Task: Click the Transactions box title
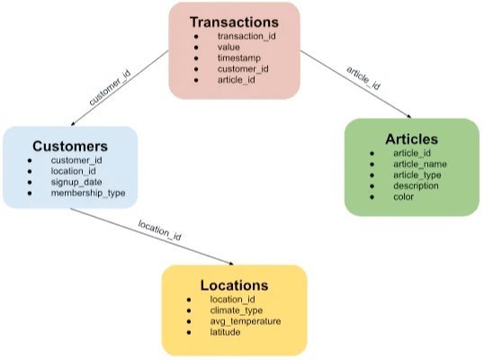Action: pos(235,21)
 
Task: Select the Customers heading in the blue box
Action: pos(70,145)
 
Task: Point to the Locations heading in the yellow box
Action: pos(234,285)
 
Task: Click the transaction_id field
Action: pos(246,36)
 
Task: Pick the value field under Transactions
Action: pos(229,47)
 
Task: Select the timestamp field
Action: pos(238,58)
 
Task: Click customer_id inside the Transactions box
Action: pos(242,68)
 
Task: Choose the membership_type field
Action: pos(88,193)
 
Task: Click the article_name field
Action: pos(420,165)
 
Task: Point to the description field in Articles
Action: pos(416,185)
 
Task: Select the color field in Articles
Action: pos(403,196)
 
